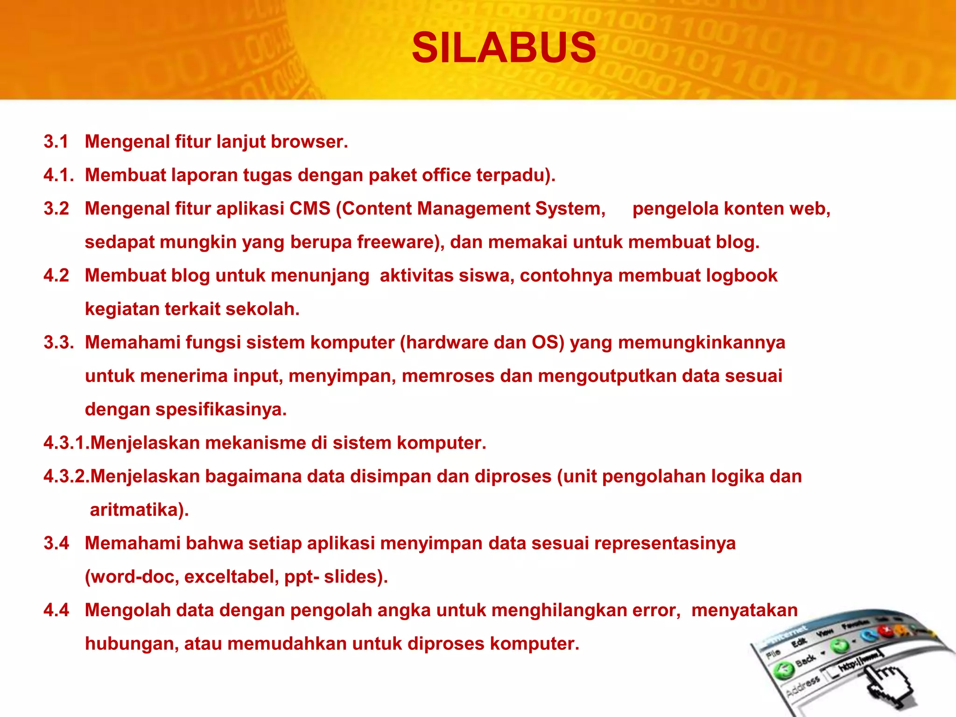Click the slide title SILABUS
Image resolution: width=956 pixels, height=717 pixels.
click(504, 48)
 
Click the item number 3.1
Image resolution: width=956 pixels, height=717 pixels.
click(56, 141)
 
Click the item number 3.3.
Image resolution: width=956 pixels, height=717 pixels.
click(58, 343)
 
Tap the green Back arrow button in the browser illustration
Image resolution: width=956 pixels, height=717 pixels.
click(784, 670)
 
